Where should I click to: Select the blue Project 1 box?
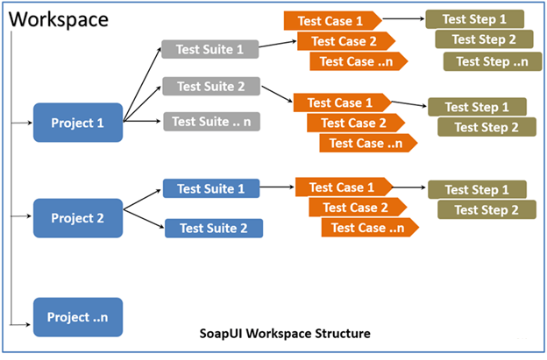pyautogui.click(x=77, y=123)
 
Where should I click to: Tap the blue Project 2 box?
pyautogui.click(x=77, y=217)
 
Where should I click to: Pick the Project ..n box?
pyautogui.click(x=77, y=316)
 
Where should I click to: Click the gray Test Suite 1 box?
pyautogui.click(x=210, y=50)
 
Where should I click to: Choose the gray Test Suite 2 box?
pyautogui.click(x=211, y=86)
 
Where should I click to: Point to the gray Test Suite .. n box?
pyautogui.click(x=211, y=122)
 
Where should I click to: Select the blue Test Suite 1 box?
pyautogui.click(x=211, y=188)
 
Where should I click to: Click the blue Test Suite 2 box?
pyautogui.click(x=213, y=228)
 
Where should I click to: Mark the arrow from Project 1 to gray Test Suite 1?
pyautogui.click(x=142, y=84)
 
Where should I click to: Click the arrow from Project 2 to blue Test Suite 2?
pyautogui.click(x=145, y=219)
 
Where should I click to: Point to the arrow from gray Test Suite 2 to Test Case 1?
pyautogui.click(x=278, y=95)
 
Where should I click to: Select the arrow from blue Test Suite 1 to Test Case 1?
pyautogui.click(x=277, y=187)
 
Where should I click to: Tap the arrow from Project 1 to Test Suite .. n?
pyautogui.click(x=142, y=121)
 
